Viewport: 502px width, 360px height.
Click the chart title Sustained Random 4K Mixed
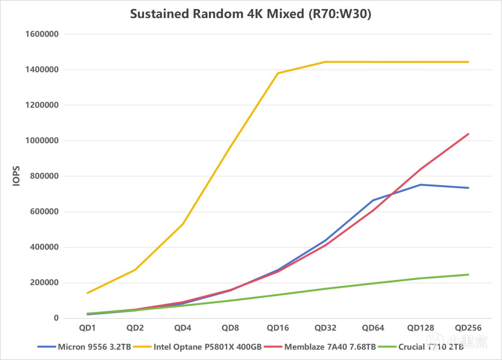click(x=250, y=14)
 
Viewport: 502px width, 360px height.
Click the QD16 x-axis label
click(x=278, y=328)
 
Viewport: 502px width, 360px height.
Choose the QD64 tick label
click(x=373, y=328)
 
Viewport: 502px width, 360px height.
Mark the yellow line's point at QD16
click(x=278, y=73)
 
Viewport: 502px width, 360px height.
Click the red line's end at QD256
click(x=468, y=134)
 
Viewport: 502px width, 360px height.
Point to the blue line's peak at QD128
click(x=420, y=185)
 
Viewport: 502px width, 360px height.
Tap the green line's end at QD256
click(x=468, y=275)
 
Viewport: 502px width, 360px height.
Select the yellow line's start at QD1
click(x=87, y=293)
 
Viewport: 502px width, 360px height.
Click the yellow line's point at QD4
click(x=183, y=224)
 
